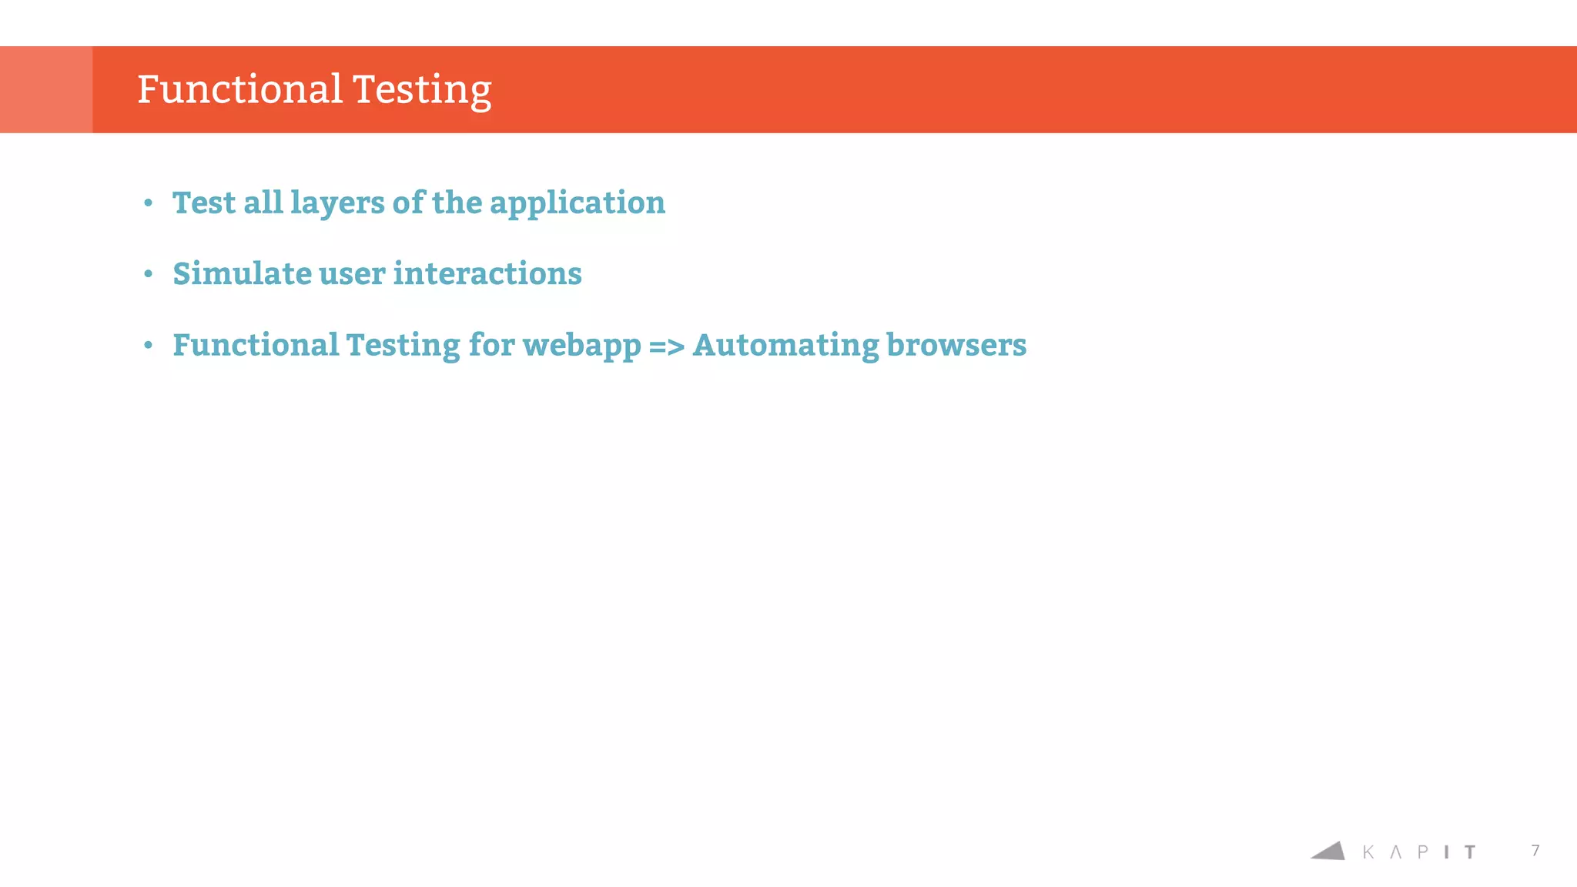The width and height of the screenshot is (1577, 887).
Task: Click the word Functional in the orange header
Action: [239, 89]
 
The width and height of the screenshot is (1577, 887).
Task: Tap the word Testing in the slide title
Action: [422, 91]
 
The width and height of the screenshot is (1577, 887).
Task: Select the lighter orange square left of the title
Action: [46, 89]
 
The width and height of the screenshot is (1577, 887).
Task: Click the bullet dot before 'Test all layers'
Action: [149, 203]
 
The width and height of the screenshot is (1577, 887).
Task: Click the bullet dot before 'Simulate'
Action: [149, 274]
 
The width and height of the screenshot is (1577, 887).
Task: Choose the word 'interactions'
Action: [487, 274]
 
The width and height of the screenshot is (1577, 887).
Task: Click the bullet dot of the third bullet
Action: [149, 346]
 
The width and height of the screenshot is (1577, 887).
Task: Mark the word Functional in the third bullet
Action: [256, 345]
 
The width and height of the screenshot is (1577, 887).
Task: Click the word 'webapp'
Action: [581, 346]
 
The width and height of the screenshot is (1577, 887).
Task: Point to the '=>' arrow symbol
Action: [667, 346]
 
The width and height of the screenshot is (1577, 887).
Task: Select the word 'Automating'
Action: [785, 346]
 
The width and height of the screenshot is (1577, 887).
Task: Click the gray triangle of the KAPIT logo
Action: [1329, 851]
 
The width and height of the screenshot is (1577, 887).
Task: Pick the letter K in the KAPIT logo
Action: [1368, 852]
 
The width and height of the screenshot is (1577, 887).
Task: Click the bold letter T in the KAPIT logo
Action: [1470, 852]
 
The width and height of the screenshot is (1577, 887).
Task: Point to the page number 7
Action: [1535, 850]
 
